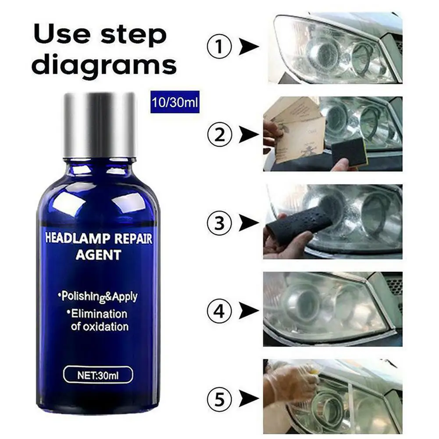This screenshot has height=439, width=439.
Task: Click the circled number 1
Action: tap(219, 46)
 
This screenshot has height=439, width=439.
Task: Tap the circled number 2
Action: tap(219, 135)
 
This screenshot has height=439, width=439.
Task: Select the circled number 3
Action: tap(219, 223)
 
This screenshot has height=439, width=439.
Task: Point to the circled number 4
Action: tap(219, 311)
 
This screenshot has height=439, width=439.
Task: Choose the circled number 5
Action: tap(219, 399)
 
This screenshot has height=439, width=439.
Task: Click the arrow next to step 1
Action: tap(248, 46)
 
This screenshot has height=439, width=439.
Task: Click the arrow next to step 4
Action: tap(248, 311)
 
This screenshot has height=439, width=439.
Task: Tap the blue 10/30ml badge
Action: tap(175, 102)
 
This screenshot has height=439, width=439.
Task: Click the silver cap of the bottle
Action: tap(100, 124)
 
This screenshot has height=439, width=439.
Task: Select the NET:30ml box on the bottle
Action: tap(98, 375)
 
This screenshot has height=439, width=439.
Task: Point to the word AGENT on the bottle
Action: tap(99, 255)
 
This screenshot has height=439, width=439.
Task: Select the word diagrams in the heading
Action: tap(104, 64)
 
